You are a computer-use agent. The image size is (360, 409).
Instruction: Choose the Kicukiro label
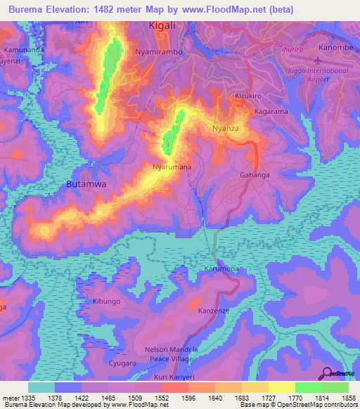coord(250,95)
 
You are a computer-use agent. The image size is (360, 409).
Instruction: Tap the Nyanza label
coord(226,129)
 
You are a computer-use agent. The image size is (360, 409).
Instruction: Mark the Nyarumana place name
coord(172,167)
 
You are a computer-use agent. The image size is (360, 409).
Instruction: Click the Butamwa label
coord(86,183)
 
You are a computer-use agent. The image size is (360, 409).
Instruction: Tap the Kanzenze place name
coord(214,310)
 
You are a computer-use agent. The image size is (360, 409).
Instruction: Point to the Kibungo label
coord(107,301)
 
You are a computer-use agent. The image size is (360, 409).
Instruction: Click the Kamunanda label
coord(23,51)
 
